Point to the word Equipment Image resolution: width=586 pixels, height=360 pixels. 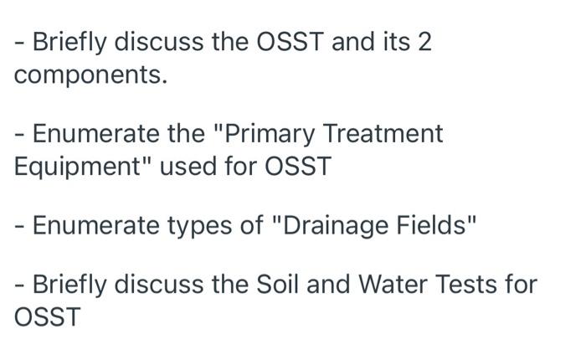coord(75,167)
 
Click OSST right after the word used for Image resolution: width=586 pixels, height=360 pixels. coord(298,167)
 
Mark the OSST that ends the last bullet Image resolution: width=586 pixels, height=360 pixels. coord(47,317)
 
